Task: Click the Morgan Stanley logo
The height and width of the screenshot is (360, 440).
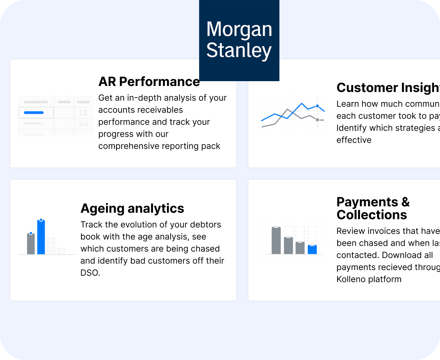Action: point(239,40)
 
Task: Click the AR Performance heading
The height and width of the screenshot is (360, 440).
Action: point(149,82)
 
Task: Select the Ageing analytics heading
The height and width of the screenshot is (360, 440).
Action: point(132,208)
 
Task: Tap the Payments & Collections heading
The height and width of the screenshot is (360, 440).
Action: point(373,208)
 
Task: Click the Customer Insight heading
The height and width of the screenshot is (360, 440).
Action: point(388,88)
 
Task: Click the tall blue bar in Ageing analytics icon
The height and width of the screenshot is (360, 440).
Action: point(41,237)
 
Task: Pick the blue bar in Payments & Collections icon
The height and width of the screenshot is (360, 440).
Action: point(312,250)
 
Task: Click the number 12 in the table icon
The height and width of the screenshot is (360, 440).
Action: point(83,113)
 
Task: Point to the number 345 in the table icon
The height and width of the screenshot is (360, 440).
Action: point(83,125)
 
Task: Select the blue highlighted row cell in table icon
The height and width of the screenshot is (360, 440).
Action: point(36,112)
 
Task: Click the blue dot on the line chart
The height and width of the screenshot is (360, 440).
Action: point(317,106)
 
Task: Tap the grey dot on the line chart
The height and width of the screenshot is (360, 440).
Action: point(317,120)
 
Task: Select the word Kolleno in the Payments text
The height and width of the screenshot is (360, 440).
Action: point(352,279)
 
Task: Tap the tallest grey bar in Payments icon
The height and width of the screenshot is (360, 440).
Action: point(276,240)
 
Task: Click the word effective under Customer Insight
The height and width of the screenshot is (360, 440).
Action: point(354,140)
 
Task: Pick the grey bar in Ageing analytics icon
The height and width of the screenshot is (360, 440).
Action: point(31,243)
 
